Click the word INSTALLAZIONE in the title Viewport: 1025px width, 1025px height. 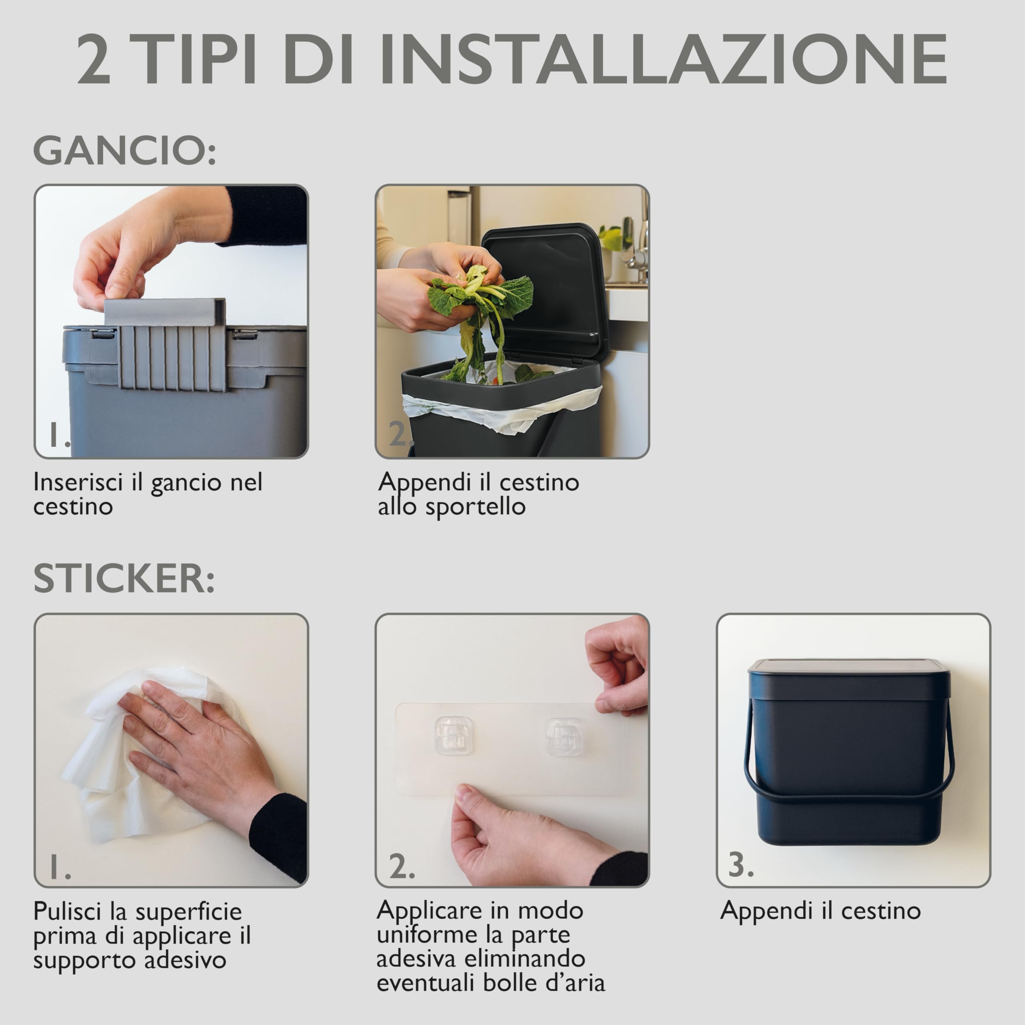coord(663,59)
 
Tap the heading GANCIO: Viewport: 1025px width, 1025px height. coord(125,151)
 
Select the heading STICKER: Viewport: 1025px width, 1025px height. coord(124,578)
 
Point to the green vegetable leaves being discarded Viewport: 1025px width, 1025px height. coord(480,313)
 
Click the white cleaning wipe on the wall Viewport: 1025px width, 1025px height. coord(143,754)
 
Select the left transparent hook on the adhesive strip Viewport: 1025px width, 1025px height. coord(454,736)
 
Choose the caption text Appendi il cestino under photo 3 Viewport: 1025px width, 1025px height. coord(821,910)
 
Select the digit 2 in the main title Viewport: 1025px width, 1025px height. coord(94,59)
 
